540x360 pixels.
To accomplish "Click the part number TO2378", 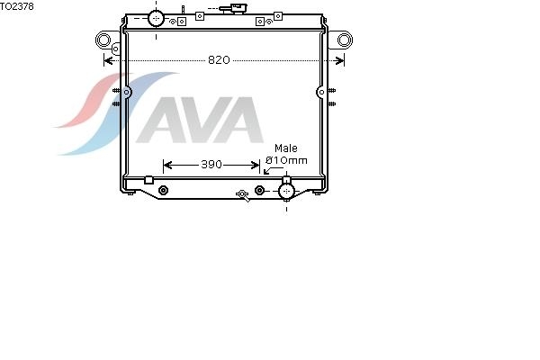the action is (17, 6).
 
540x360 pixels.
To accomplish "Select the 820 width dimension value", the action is (219, 60).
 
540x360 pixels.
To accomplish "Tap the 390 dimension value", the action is (211, 165).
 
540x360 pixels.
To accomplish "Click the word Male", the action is (286, 148).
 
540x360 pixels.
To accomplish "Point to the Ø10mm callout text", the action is (286, 160).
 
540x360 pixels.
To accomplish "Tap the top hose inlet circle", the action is (156, 18).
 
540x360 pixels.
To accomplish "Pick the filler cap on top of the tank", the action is (233, 8).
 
